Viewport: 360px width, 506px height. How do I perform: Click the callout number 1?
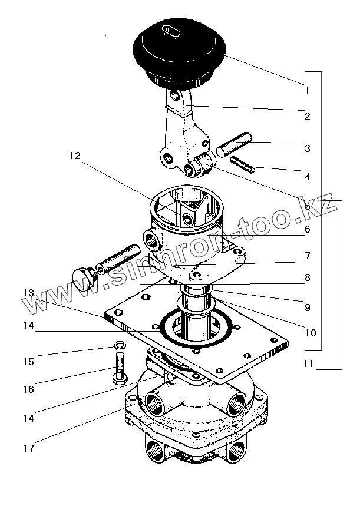point(307,91)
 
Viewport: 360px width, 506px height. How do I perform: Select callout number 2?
point(307,116)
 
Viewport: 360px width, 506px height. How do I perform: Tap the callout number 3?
point(307,148)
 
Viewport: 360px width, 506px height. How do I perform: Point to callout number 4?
point(307,176)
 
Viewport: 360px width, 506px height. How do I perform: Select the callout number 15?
point(29,361)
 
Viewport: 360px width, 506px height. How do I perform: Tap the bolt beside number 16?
point(118,369)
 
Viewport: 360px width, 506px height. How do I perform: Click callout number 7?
point(307,256)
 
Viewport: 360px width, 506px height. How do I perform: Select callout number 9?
point(307,306)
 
